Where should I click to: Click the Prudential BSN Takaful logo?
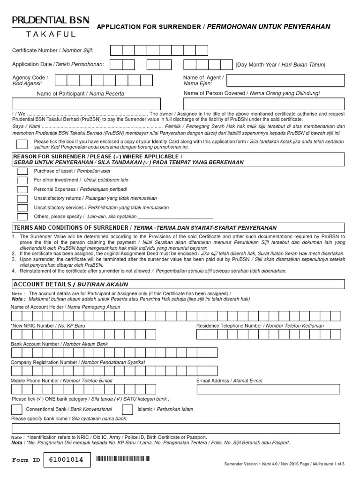click(50, 27)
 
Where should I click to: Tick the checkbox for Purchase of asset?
click(22, 171)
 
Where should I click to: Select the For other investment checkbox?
click(22, 180)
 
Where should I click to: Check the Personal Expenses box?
click(22, 189)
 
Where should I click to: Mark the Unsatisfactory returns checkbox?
click(22, 198)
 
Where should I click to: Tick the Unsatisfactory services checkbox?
click(22, 208)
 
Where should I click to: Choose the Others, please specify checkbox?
click(22, 217)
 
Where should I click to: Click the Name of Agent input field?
click(286, 81)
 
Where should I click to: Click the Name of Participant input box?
click(93, 104)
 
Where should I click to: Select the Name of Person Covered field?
click(264, 104)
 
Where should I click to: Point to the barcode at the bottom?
click(124, 460)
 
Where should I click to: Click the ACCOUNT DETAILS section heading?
click(70, 285)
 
